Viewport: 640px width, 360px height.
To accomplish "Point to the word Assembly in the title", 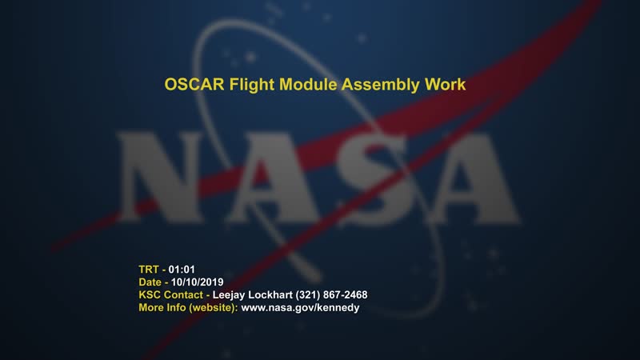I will click(x=377, y=84).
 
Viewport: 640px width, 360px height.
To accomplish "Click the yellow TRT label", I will click(x=150, y=269).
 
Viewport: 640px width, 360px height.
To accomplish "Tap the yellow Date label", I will click(x=151, y=282).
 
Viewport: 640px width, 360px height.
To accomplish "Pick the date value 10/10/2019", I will click(x=197, y=282).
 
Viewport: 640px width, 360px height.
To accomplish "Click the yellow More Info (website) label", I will click(x=188, y=307).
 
